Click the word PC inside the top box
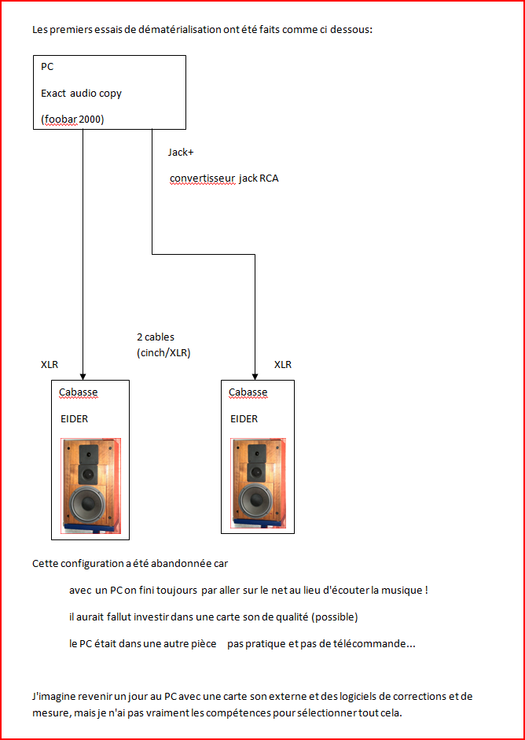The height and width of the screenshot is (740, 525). [x=47, y=67]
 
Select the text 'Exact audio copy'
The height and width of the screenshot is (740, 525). [x=81, y=94]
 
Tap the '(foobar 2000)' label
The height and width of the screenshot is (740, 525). [x=72, y=120]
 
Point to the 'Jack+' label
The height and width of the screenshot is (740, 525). [x=178, y=153]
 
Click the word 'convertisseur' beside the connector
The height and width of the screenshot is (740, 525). [x=202, y=179]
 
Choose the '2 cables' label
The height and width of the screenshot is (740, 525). [x=156, y=337]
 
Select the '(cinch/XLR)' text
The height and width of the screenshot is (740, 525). [x=163, y=353]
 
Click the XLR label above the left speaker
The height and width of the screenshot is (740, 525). [x=50, y=364]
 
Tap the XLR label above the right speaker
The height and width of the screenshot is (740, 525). [x=283, y=364]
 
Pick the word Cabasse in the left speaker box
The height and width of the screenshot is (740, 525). [x=79, y=392]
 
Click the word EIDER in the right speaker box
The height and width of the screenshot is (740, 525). [x=244, y=418]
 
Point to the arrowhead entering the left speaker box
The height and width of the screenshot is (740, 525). [x=83, y=376]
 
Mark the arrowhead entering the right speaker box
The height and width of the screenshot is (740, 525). [x=255, y=376]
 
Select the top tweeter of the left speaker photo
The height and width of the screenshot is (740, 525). [x=89, y=453]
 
